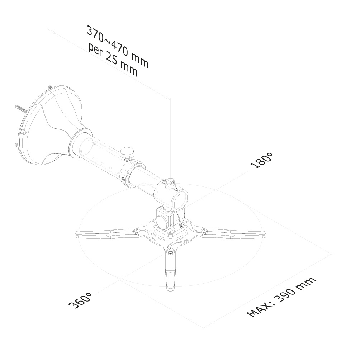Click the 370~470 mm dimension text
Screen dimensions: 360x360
click(x=118, y=47)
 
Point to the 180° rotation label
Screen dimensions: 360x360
click(x=261, y=160)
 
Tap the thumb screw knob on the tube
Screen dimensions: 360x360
click(x=127, y=153)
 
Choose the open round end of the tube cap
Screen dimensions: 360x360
click(x=181, y=199)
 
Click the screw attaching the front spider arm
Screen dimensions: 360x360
click(x=170, y=251)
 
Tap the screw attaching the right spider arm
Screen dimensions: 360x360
click(x=203, y=230)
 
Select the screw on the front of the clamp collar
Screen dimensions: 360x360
click(x=124, y=179)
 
